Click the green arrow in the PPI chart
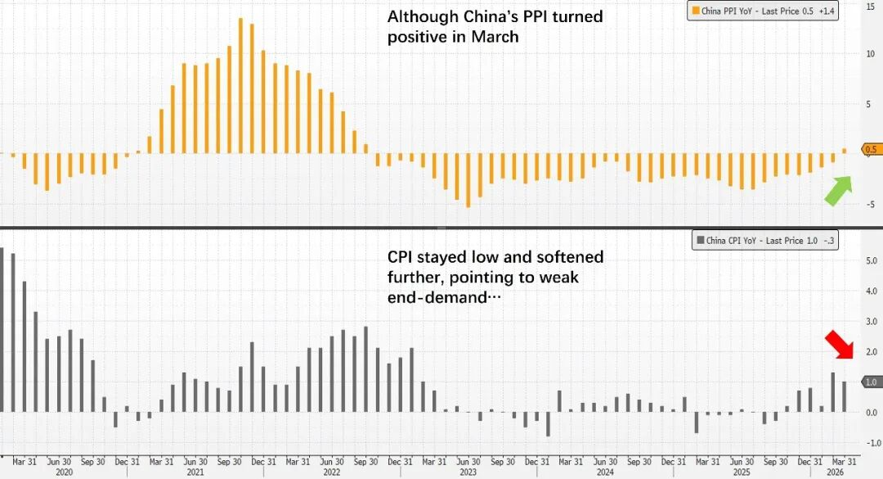tap(838, 191)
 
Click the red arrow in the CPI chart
tap(840, 344)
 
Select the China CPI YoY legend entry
tap(764, 240)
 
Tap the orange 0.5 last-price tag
tap(869, 149)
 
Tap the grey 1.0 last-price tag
tap(869, 382)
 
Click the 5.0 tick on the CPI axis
tap(871, 260)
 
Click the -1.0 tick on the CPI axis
tap(870, 443)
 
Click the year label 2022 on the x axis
tap(332, 472)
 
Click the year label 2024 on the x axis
tap(605, 472)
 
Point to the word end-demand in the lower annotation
tap(437, 298)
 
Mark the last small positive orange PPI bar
tap(845, 151)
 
